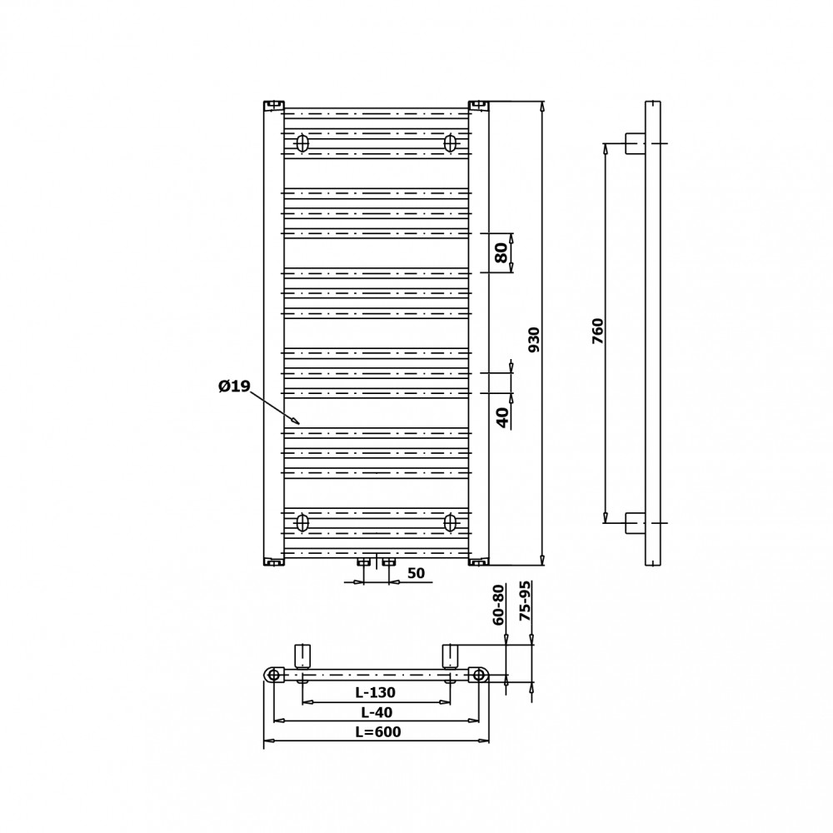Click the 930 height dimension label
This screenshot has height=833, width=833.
coord(534,340)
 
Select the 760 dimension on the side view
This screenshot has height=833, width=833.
coord(598,331)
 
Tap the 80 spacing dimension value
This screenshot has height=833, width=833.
coord(501,253)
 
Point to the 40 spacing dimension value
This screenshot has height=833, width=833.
coord(502,417)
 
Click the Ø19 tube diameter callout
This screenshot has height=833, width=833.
coord(234,387)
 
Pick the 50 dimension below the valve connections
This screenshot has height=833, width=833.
coord(416,573)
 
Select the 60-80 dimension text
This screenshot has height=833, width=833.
coord(498,605)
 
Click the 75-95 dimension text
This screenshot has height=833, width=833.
coord(525,601)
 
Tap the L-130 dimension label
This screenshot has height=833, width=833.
coord(376,692)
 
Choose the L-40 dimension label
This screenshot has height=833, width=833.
coord(377,712)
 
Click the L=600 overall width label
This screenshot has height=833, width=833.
coord(378,731)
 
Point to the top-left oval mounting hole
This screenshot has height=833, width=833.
coord(302,143)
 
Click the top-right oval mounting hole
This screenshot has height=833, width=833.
coord(451,143)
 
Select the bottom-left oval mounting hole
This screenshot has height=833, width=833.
coord(302,523)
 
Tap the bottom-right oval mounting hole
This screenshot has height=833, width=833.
coord(451,523)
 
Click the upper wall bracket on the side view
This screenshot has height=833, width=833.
coord(636,143)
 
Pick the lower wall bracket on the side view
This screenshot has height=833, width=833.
coord(636,523)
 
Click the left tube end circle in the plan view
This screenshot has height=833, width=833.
coord(273,675)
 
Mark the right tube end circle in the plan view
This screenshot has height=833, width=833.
coord(479,675)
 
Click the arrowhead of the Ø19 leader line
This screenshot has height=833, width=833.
coord(297,423)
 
